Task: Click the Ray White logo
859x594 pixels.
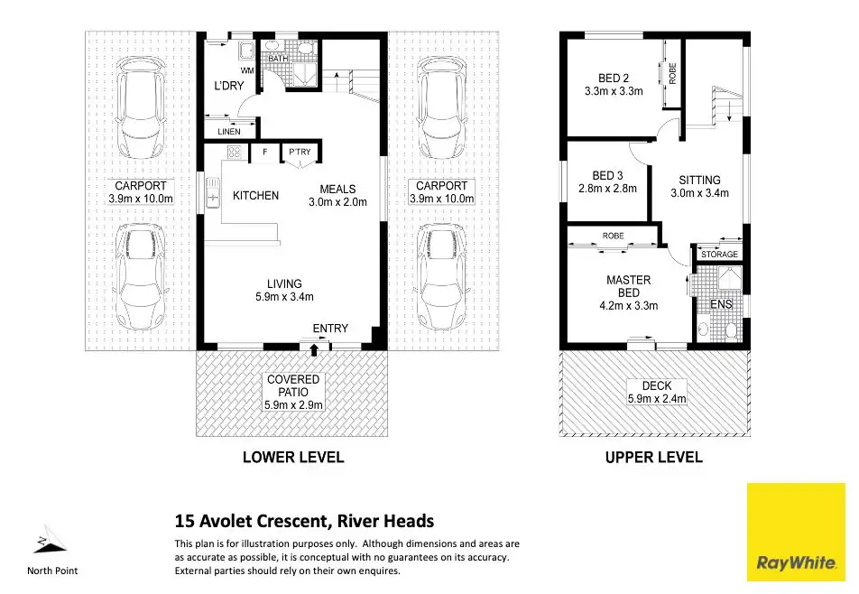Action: coord(796,532)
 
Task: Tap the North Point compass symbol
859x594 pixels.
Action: coord(51,540)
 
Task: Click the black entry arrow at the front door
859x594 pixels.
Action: coord(314,349)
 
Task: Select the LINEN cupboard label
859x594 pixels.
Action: coord(229,132)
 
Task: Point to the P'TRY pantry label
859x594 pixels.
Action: coord(300,152)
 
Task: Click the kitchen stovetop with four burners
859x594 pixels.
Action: coord(235,152)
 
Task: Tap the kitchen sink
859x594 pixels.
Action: coord(212,193)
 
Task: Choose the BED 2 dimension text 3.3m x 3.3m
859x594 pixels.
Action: coord(614,91)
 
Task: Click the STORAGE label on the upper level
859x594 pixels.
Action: coord(719,255)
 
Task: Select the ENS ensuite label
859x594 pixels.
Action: coord(721,304)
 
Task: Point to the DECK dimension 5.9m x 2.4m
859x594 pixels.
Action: coord(657,399)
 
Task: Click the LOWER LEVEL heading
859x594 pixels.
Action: coord(293,457)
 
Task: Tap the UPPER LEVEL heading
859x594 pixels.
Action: coord(653,457)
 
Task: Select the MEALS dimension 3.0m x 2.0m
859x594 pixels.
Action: coord(337,202)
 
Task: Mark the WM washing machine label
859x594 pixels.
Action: coord(247,70)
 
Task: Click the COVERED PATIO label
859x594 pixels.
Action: coord(293,385)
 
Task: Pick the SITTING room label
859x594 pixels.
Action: coord(699,180)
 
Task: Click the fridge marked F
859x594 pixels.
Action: coord(264,152)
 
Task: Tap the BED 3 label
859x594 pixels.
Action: coord(607,176)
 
